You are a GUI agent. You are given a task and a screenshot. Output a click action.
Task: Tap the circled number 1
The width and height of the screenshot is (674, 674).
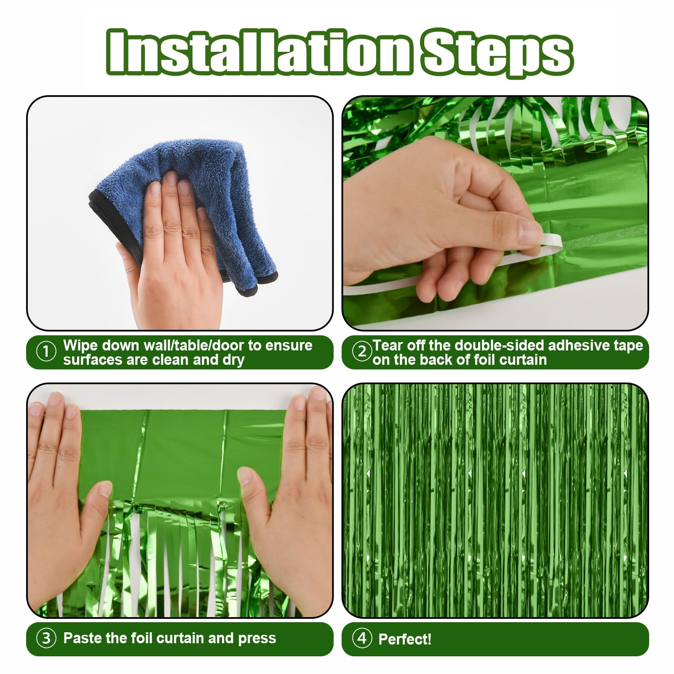click(x=46, y=352)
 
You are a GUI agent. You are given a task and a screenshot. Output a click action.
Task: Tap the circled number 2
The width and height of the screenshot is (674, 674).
click(x=361, y=351)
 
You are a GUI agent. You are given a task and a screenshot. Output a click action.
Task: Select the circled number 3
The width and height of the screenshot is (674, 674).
click(x=46, y=638)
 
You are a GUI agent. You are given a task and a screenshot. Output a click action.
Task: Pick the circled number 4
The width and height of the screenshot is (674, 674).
click(x=361, y=638)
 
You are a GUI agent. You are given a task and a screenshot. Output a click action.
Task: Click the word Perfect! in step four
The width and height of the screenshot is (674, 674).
click(x=405, y=639)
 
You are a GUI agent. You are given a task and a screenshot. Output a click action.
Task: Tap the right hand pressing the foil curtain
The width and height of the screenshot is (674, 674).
click(x=291, y=505)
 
